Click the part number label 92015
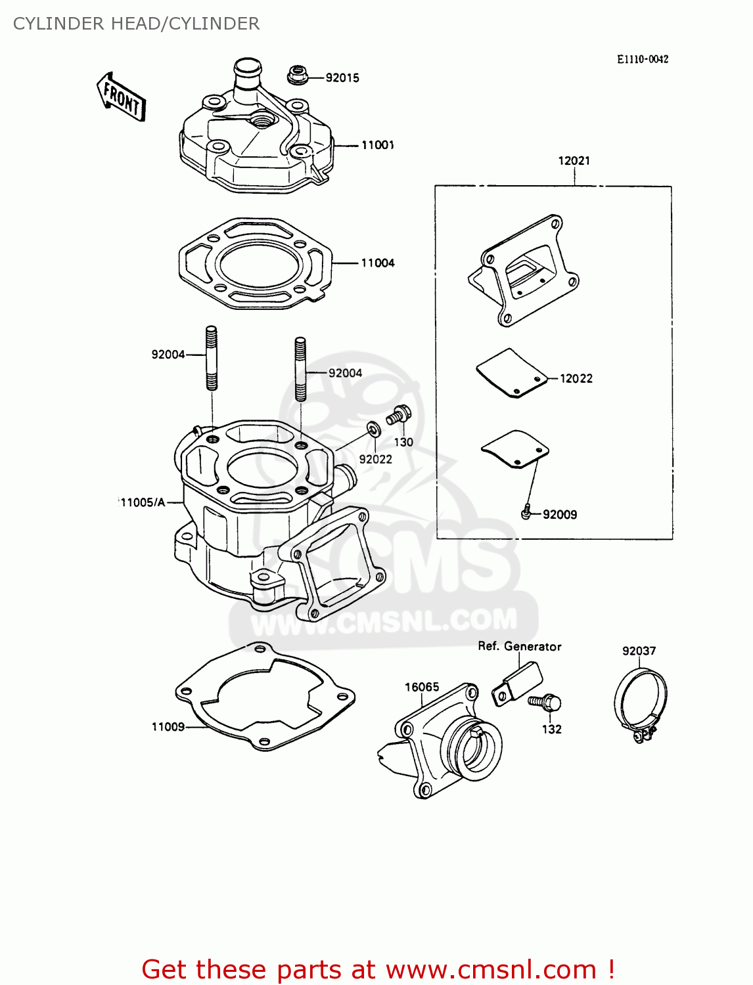[x=342, y=77]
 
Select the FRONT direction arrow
[x=122, y=98]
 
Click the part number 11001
[x=378, y=145]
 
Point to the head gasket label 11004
[x=378, y=263]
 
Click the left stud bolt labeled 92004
[x=212, y=358]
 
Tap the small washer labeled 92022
[x=373, y=430]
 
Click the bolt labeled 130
[x=399, y=415]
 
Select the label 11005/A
[x=143, y=502]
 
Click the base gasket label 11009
[x=168, y=726]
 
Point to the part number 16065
[x=422, y=687]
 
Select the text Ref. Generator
[x=519, y=646]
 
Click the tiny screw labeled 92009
[x=526, y=513]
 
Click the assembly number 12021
[x=574, y=160]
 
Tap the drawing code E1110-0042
[x=642, y=59]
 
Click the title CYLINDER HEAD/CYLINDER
[x=136, y=24]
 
